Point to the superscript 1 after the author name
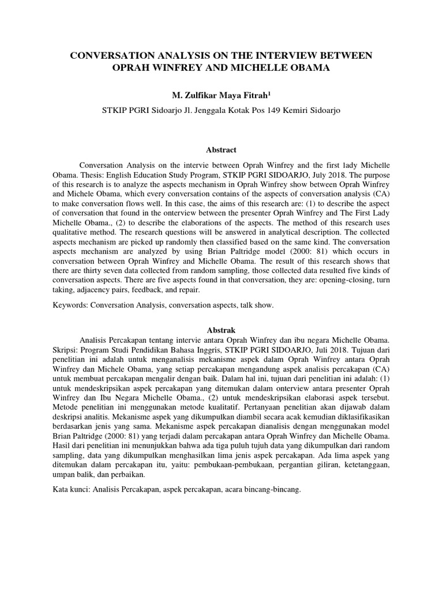(262, 92)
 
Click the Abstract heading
(221, 150)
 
